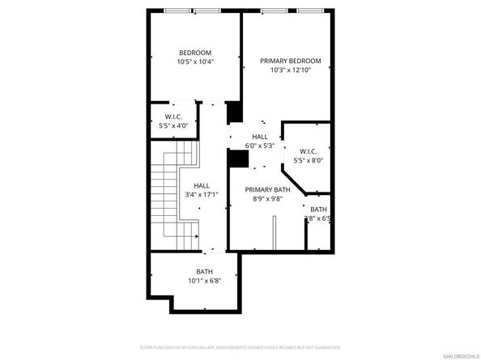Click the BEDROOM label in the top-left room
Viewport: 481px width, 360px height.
pyautogui.click(x=194, y=53)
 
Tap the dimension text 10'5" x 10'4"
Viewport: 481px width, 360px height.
pyautogui.click(x=194, y=62)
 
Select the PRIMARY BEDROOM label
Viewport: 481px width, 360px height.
pyautogui.click(x=290, y=61)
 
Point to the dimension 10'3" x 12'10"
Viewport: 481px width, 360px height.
pyautogui.click(x=290, y=70)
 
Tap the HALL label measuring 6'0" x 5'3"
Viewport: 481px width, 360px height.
pyautogui.click(x=259, y=137)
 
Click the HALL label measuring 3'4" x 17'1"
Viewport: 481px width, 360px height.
pyautogui.click(x=202, y=185)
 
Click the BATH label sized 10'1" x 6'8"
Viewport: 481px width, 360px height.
pyautogui.click(x=204, y=272)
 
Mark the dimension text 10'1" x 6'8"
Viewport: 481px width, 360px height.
pyautogui.click(x=204, y=282)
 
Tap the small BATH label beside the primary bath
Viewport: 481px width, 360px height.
pyautogui.click(x=318, y=210)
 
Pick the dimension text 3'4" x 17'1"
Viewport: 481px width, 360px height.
pyautogui.click(x=202, y=195)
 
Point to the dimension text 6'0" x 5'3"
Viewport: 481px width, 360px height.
pyautogui.click(x=259, y=146)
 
